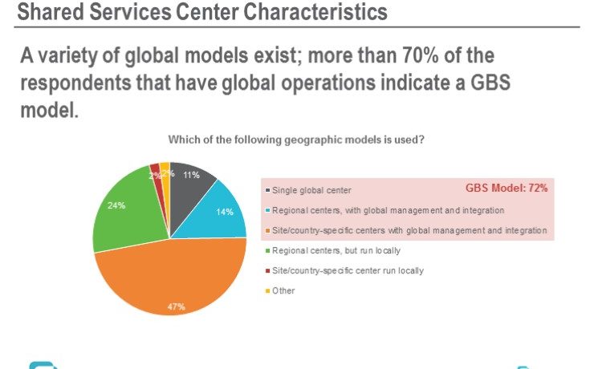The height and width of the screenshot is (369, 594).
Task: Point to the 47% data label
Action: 177,306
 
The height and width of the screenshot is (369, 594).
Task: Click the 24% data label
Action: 116,205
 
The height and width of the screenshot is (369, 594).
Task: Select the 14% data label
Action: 225,213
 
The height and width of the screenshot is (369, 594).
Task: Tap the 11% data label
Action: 191,175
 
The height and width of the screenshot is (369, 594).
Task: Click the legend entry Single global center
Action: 312,190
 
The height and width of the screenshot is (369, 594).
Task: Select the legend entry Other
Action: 283,290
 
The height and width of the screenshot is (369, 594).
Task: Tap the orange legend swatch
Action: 267,230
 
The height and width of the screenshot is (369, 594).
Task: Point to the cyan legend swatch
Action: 267,210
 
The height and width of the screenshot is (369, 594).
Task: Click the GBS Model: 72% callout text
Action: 507,189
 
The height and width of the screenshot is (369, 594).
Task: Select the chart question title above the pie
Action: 296,140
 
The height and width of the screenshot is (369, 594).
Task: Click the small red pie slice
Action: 156,170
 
